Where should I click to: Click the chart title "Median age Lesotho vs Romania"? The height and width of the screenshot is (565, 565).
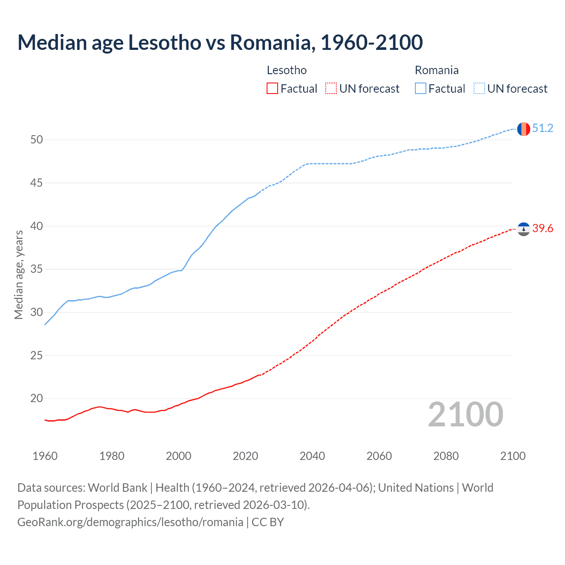point(220,42)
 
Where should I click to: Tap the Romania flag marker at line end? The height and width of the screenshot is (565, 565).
point(523,129)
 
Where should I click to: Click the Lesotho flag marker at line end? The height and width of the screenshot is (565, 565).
point(524,229)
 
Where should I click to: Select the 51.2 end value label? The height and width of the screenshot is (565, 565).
point(542,128)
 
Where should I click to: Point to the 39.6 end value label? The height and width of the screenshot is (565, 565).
point(542,228)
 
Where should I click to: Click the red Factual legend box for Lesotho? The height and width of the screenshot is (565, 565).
point(272,89)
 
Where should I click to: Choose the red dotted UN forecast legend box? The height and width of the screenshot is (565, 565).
point(331,89)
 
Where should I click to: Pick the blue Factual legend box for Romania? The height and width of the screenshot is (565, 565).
point(421,89)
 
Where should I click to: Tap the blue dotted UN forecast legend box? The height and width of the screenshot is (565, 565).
point(479,89)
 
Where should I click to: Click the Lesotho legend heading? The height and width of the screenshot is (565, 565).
point(286,70)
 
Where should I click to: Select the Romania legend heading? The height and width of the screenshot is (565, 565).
point(437,70)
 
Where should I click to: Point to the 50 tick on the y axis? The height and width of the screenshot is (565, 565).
point(37,140)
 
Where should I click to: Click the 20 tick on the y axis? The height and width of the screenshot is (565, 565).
point(37,399)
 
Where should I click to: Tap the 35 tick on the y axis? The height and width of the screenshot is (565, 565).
point(37,269)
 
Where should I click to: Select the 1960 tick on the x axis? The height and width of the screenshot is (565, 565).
point(45,456)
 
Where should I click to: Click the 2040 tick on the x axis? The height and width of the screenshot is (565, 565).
point(312,456)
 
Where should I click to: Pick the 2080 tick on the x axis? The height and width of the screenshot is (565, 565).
point(446,456)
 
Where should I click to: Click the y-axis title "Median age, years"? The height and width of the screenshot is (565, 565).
point(19,275)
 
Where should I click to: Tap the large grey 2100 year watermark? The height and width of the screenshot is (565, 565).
point(465,414)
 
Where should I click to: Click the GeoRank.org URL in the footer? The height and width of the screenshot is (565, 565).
point(130,522)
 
